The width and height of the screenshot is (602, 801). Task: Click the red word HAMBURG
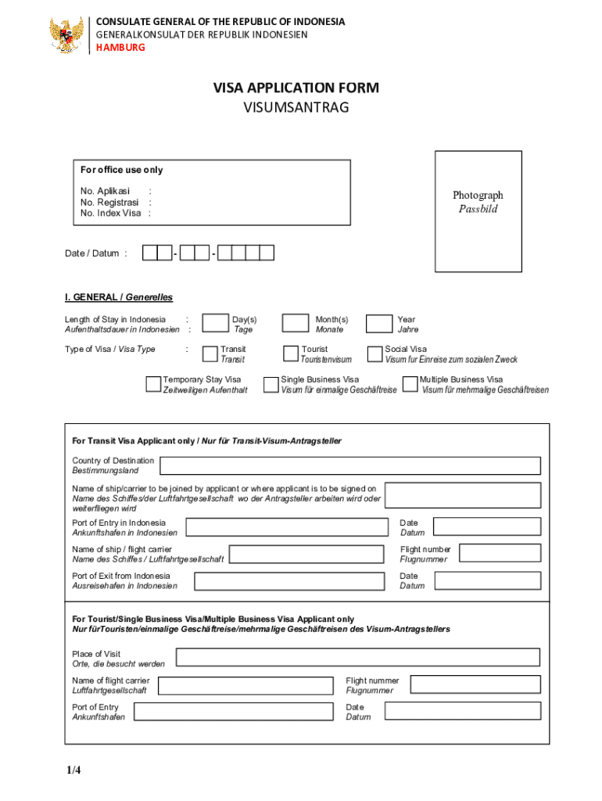pos(120,48)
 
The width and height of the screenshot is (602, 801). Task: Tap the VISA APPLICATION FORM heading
pos(296,88)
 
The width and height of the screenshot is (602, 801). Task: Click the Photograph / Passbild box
pos(478,211)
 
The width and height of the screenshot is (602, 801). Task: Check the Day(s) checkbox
pos(214,324)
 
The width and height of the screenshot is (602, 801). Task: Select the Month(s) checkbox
pos(295,324)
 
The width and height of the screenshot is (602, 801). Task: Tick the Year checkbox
pos(379,324)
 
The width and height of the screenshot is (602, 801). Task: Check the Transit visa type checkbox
pos(210,354)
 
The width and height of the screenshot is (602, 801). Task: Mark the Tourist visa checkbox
pos(291,354)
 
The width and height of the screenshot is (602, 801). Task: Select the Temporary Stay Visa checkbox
pos(153,383)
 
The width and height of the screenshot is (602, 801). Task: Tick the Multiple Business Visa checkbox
pos(410,383)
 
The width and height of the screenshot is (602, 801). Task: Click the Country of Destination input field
pos(349,465)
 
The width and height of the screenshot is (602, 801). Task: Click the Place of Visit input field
pos(358,658)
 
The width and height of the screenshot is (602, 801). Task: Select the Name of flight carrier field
pos(245,685)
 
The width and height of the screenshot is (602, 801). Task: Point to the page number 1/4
pos(73,770)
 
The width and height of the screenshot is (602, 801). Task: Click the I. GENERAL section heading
pos(118,297)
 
